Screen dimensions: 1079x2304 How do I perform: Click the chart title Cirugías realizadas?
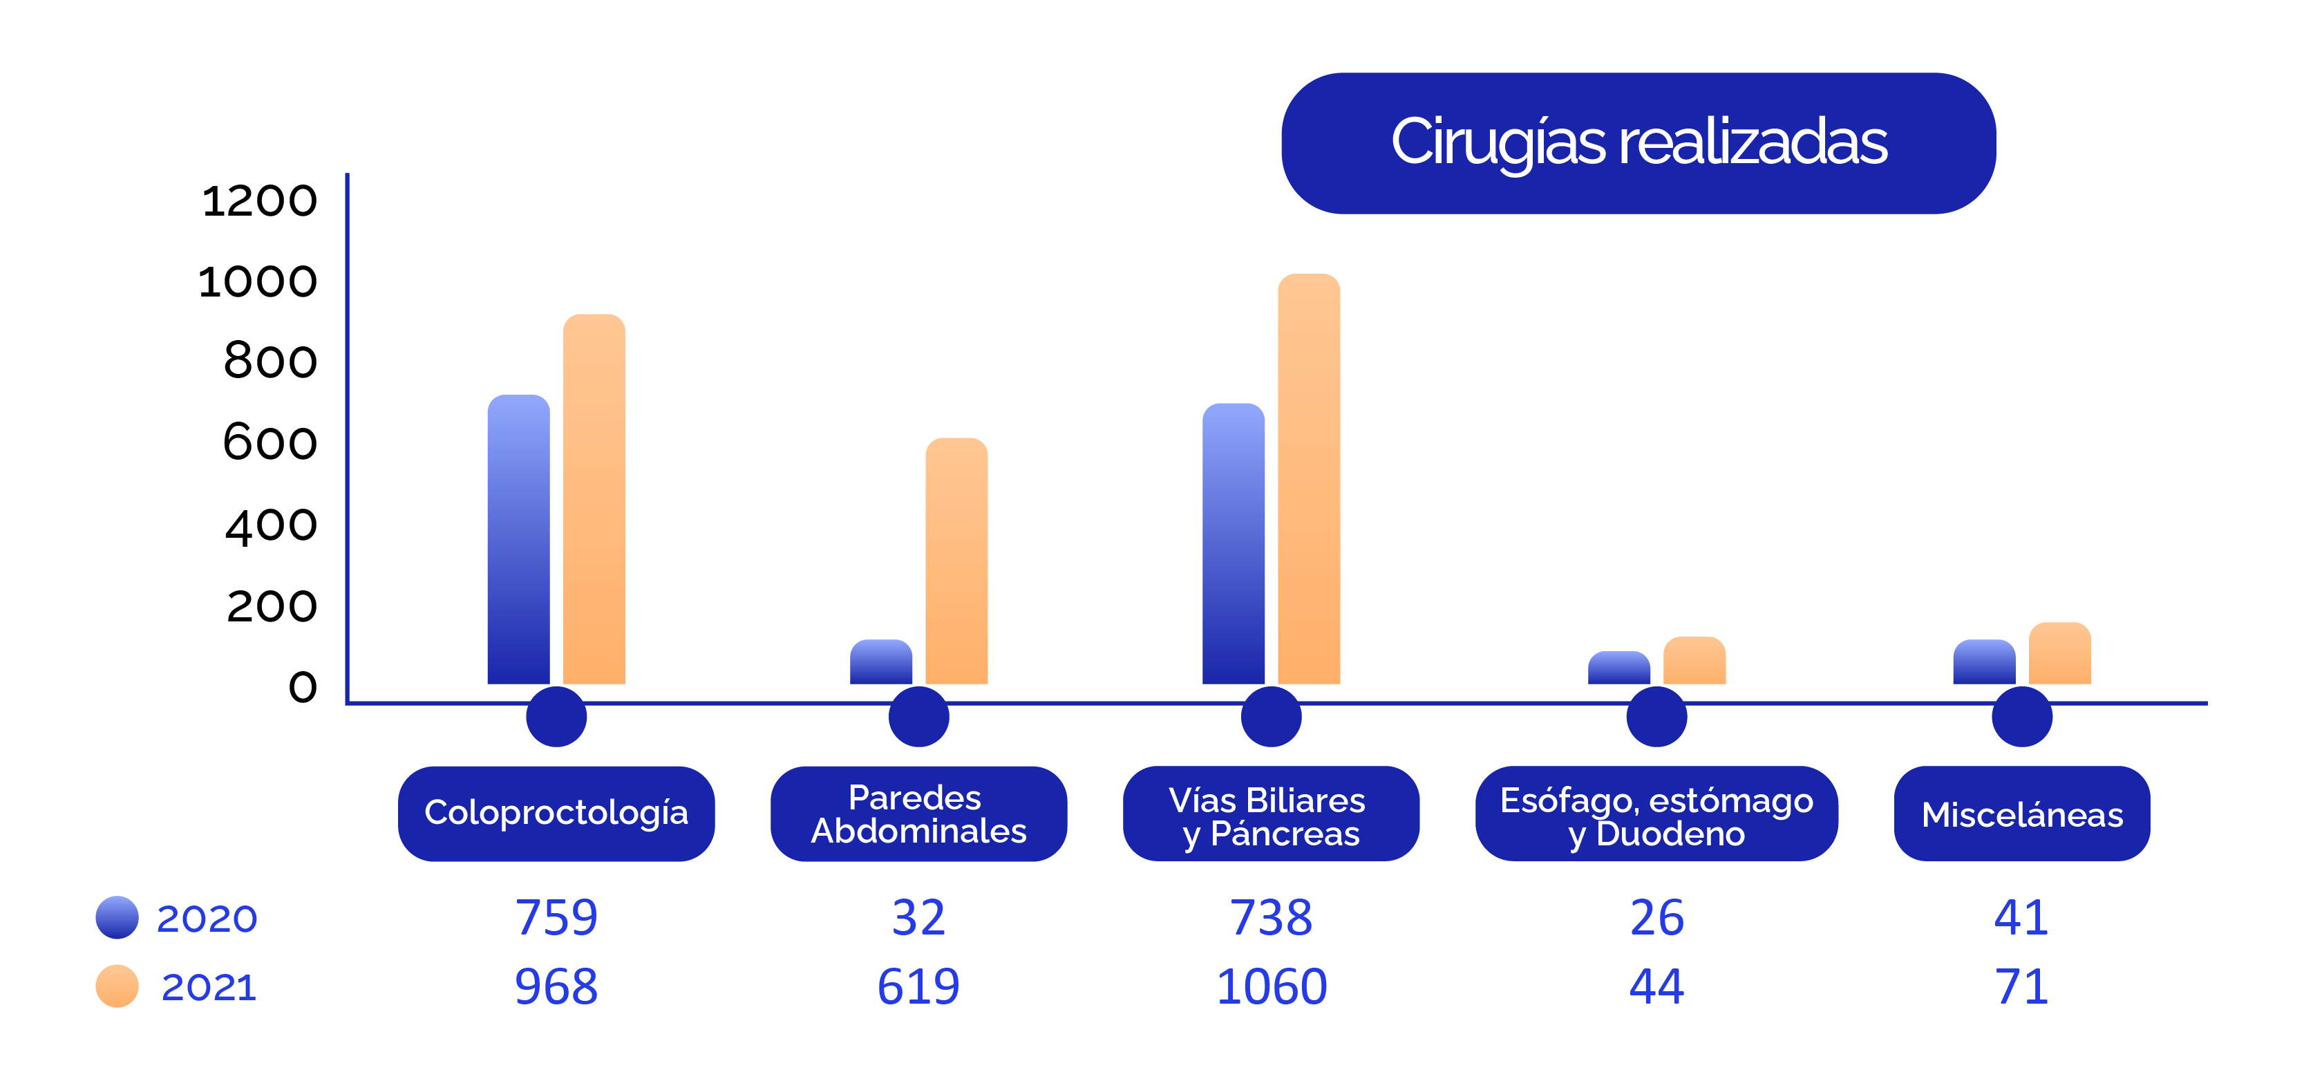coord(1639,143)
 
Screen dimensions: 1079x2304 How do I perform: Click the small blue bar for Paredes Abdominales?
coord(881,663)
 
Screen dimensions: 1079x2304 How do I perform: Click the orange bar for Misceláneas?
coord(2059,654)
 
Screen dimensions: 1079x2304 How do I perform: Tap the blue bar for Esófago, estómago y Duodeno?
coord(1619,668)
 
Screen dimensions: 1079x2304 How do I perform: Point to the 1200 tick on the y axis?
coord(259,200)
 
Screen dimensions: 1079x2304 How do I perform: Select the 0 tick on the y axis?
coord(302,687)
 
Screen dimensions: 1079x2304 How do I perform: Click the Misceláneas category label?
coord(2021,814)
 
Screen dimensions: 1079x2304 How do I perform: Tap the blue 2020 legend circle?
coord(117,917)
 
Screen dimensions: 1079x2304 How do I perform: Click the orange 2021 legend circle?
coord(117,986)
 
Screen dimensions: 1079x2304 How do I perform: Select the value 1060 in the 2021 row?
coord(1271,987)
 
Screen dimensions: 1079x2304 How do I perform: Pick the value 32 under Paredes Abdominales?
coord(918,918)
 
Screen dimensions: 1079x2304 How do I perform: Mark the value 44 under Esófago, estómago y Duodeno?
coord(1656,987)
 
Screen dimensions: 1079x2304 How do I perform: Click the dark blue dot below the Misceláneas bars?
coord(2021,717)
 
